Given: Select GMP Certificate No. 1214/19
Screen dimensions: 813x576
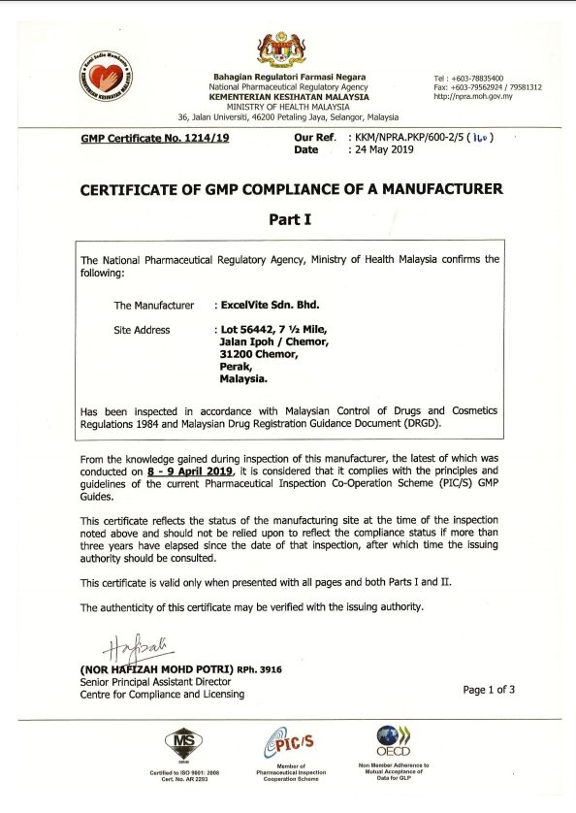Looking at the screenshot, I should [156, 139].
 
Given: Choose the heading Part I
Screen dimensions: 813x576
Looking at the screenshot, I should [290, 219].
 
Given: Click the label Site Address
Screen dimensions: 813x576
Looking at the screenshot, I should [142, 330].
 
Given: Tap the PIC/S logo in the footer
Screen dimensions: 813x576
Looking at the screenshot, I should [288, 744].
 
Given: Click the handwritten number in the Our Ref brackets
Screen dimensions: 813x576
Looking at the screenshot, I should [479, 138].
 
